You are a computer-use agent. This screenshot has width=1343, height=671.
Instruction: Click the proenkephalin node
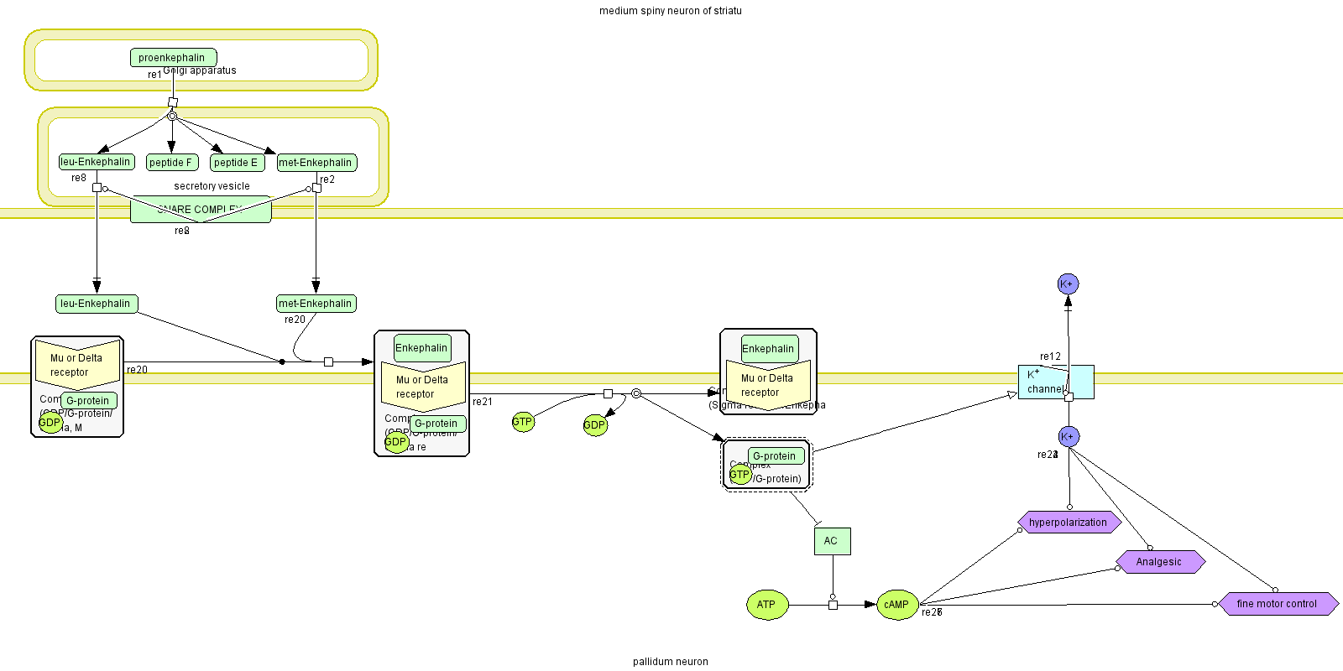[x=173, y=58]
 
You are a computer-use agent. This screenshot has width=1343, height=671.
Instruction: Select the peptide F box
[x=171, y=163]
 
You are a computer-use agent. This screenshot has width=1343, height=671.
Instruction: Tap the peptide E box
[x=237, y=163]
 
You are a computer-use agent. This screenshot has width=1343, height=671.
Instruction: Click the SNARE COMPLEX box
[x=201, y=210]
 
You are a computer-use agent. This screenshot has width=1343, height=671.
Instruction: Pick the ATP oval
[x=766, y=605]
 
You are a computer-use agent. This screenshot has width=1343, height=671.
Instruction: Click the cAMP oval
[x=896, y=605]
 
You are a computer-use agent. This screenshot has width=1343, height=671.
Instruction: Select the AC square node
[x=831, y=541]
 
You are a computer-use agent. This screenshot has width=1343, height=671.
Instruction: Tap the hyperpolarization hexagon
[x=1069, y=523]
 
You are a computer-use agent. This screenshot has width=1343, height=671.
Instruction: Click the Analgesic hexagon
[x=1159, y=562]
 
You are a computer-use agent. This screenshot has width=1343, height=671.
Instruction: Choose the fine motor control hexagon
[x=1277, y=604]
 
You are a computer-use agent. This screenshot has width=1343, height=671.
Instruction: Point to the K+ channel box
[x=1054, y=382]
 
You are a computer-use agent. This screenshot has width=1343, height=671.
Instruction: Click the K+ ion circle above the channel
[x=1068, y=284]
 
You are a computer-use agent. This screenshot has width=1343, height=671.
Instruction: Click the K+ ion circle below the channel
[x=1069, y=437]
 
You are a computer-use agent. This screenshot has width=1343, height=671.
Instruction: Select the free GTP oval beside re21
[x=522, y=423]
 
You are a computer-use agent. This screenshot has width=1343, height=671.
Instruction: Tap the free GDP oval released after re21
[x=594, y=425]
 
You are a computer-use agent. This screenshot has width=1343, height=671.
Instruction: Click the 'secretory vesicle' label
[x=212, y=186]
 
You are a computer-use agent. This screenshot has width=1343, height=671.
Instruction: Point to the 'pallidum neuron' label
[x=670, y=662]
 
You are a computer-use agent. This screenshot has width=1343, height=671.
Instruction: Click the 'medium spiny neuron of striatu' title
[x=670, y=11]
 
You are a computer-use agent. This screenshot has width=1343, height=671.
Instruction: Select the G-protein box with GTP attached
[x=776, y=456]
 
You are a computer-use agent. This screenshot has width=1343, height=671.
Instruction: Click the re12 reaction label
[x=1050, y=356]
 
